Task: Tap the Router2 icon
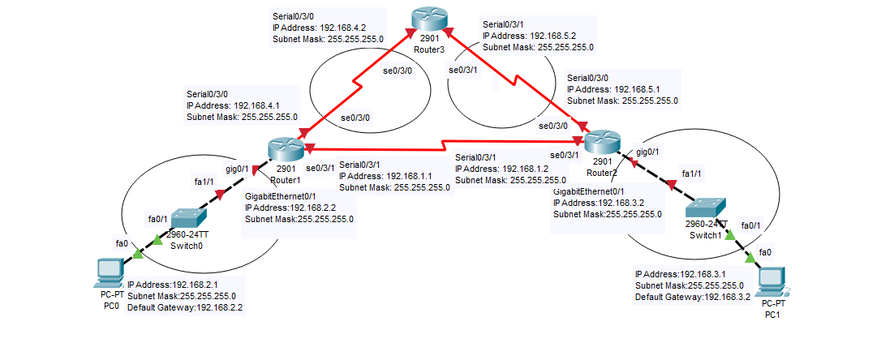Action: point(601,142)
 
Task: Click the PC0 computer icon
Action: point(107,273)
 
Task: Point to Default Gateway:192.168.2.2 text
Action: point(185,308)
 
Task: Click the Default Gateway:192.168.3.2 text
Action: point(694,298)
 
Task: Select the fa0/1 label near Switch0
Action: point(157,218)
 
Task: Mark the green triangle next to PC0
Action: point(136,255)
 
